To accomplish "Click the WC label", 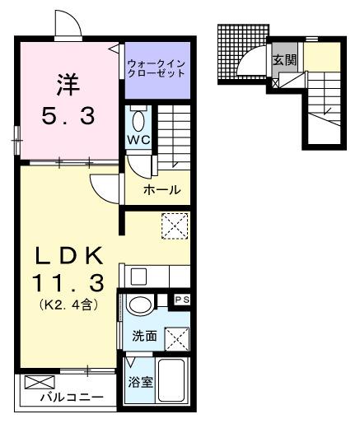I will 137,139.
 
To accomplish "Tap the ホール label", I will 161,190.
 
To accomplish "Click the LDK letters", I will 68,253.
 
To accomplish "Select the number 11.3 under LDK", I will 68,284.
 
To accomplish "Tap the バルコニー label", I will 72,398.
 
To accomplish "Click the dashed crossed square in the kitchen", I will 174,225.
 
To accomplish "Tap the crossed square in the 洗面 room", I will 176,338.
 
